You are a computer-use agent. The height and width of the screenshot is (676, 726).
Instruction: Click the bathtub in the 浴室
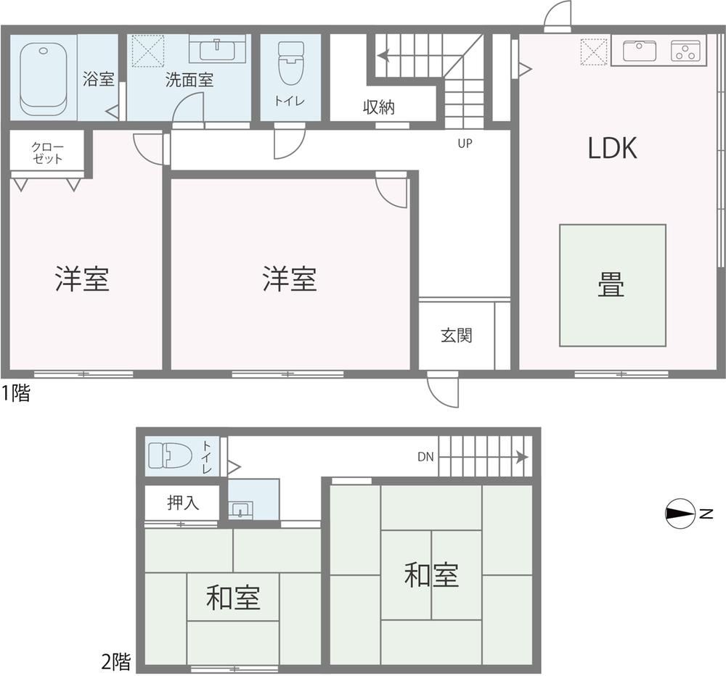[44, 80]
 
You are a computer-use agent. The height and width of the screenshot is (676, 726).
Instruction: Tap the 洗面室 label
[189, 80]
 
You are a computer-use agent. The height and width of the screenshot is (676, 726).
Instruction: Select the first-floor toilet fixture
[291, 63]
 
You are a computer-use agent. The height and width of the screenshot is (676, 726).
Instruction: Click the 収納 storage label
[379, 107]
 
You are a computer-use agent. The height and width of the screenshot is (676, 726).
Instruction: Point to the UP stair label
[465, 144]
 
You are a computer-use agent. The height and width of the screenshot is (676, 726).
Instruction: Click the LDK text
[612, 148]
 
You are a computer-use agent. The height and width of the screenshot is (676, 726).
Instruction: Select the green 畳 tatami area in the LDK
[613, 286]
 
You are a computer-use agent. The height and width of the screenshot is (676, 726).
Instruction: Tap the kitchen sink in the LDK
[640, 51]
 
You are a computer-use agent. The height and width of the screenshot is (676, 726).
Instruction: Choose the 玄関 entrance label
[457, 335]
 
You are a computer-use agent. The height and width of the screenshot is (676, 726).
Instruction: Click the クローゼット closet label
[47, 153]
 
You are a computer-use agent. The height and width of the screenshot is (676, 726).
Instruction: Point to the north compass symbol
[681, 513]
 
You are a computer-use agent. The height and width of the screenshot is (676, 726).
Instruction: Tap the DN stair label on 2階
[425, 457]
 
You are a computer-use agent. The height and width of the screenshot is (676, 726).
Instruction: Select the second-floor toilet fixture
[170, 456]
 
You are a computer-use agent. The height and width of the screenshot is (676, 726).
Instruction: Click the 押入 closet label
[183, 503]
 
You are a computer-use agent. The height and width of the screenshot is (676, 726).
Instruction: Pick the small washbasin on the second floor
[240, 510]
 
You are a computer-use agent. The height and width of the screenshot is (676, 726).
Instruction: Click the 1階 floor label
[16, 393]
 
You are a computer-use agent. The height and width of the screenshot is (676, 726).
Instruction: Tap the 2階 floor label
[115, 662]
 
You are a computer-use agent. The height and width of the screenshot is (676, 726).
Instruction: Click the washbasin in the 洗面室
[217, 49]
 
